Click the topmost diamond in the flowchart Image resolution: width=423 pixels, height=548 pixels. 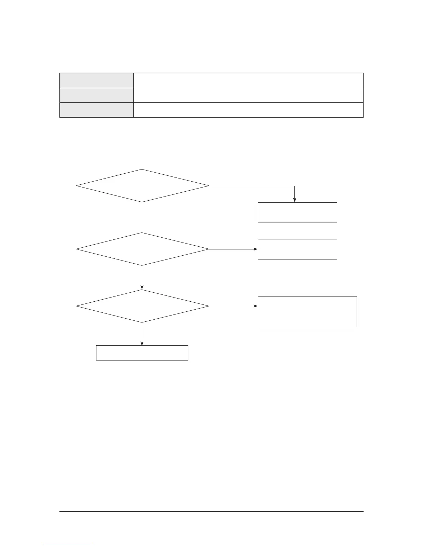142,186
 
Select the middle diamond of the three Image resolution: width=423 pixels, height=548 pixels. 142,249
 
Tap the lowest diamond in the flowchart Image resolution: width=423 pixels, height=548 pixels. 142,306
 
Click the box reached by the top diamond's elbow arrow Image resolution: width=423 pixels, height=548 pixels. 297,212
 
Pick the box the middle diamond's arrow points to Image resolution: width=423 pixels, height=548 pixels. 297,249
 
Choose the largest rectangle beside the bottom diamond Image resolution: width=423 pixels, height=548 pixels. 307,311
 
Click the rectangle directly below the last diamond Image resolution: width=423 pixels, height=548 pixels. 142,353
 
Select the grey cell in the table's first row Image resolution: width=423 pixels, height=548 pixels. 97,81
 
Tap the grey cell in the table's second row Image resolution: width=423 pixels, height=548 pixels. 97,95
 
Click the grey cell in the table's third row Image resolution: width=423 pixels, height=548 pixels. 97,110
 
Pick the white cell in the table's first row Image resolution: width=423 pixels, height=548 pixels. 248,81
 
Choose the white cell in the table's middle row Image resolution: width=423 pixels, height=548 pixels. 248,95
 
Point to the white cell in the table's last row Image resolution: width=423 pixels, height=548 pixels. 248,110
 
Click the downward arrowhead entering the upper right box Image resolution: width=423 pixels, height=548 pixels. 294,200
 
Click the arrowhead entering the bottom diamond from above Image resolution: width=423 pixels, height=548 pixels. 142,287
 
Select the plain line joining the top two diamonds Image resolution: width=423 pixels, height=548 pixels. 142,217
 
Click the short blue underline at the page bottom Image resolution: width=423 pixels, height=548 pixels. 68,545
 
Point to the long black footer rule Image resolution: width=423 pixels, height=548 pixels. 211,511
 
